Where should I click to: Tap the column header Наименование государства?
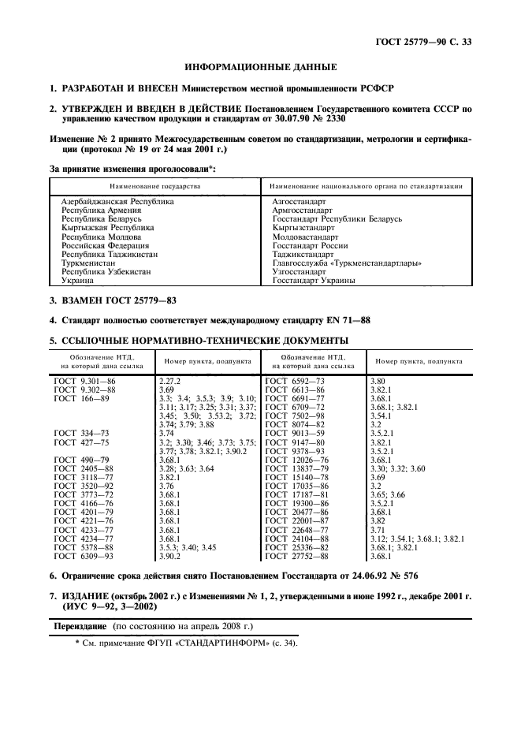click(x=154, y=186)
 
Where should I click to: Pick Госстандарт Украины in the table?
click(x=313, y=280)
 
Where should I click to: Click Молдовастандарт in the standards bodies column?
click(x=305, y=237)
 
